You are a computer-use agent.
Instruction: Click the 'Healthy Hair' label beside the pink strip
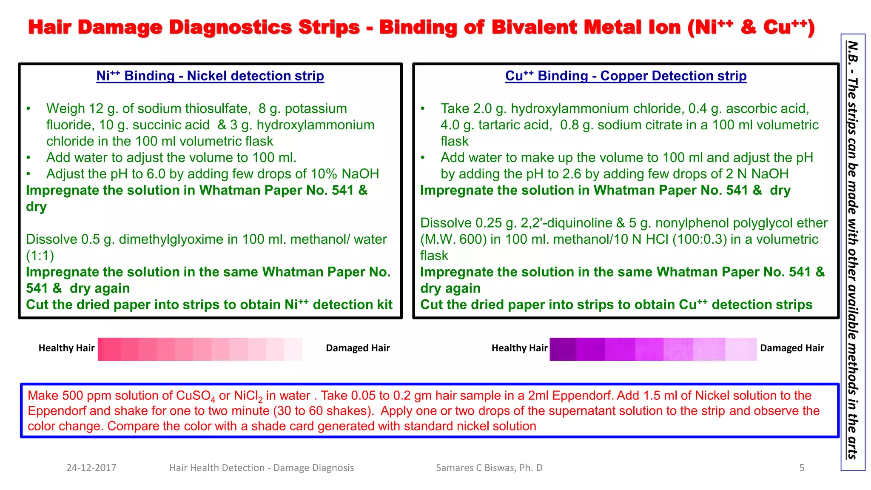(66, 348)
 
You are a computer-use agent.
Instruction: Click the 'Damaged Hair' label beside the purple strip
(792, 348)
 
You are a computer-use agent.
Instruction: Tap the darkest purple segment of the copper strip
(562, 349)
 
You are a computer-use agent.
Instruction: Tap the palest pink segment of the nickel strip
(293, 349)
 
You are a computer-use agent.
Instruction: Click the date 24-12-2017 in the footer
(91, 468)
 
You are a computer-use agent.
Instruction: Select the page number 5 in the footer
(802, 468)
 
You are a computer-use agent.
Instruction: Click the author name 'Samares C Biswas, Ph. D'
(489, 468)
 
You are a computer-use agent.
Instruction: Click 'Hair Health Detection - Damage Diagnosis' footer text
(262, 468)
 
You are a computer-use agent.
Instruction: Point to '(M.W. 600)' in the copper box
(453, 239)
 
